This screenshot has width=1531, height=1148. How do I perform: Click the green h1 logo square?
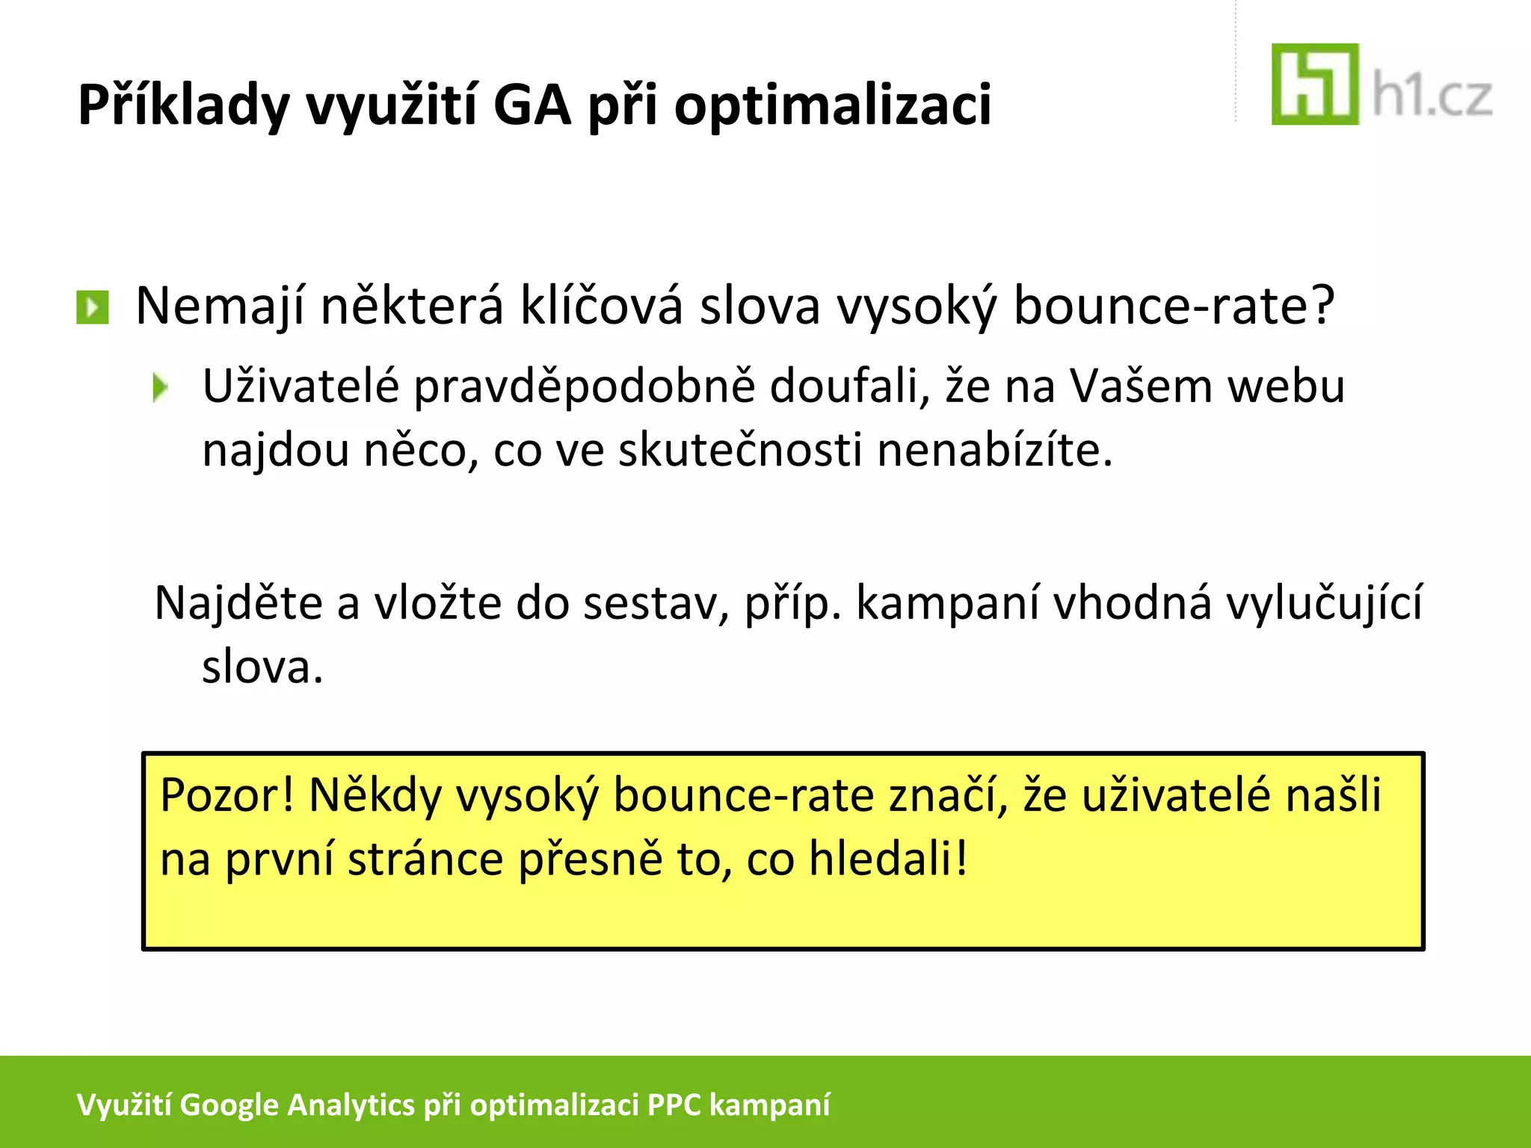[1315, 84]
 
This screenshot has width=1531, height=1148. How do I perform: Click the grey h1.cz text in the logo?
[1432, 97]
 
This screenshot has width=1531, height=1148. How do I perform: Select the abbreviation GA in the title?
[532, 105]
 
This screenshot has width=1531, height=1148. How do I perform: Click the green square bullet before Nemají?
[93, 307]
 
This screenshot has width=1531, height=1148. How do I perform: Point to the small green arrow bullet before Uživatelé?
[160, 388]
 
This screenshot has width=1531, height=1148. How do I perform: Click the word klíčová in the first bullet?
[601, 306]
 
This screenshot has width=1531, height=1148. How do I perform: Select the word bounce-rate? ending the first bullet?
[1174, 306]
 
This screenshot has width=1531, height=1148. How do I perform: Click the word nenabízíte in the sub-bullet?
[994, 451]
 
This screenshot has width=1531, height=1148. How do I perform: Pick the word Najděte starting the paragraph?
[238, 602]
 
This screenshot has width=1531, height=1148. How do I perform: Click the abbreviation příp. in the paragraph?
[792, 604]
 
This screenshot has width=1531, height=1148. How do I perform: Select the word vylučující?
[1325, 604]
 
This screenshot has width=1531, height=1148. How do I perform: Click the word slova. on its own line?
[262, 667]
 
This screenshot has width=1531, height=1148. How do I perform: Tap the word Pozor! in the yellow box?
[227, 795]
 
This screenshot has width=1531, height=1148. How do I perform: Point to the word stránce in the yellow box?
[425, 859]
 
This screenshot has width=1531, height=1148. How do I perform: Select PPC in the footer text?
[674, 1105]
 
